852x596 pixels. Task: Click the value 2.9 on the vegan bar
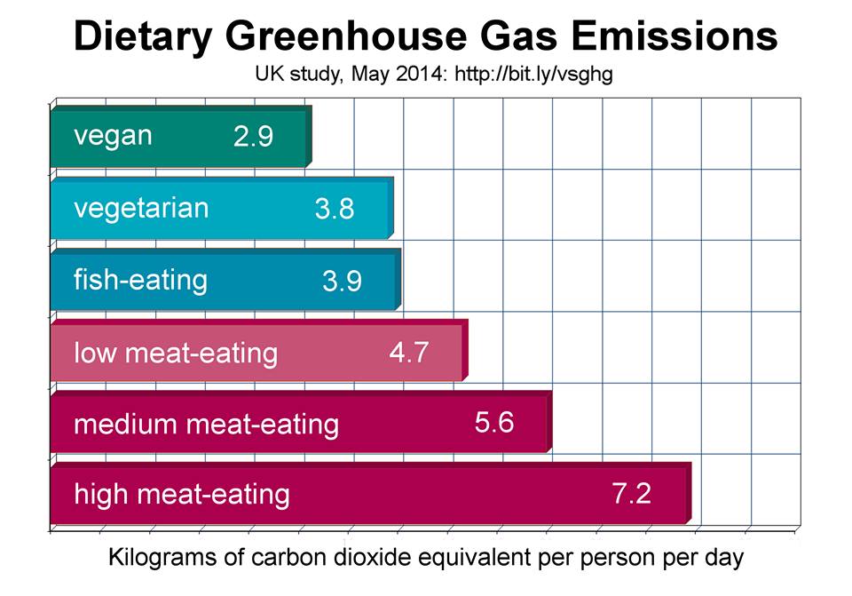pyautogui.click(x=253, y=137)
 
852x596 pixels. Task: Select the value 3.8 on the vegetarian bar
pyautogui.click(x=335, y=209)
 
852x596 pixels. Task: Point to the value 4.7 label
pyautogui.click(x=409, y=352)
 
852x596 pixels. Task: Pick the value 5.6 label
pyautogui.click(x=494, y=422)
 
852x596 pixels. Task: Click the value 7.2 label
pyautogui.click(x=632, y=493)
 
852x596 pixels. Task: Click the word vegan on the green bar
pyautogui.click(x=113, y=136)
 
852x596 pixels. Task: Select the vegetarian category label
pyautogui.click(x=141, y=209)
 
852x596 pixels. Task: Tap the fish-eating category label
pyautogui.click(x=140, y=280)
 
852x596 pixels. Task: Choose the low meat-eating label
pyautogui.click(x=175, y=353)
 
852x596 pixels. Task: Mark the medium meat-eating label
pyautogui.click(x=206, y=424)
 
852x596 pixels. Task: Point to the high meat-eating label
pyautogui.click(x=181, y=493)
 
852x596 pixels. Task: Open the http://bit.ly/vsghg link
pyautogui.click(x=533, y=75)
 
